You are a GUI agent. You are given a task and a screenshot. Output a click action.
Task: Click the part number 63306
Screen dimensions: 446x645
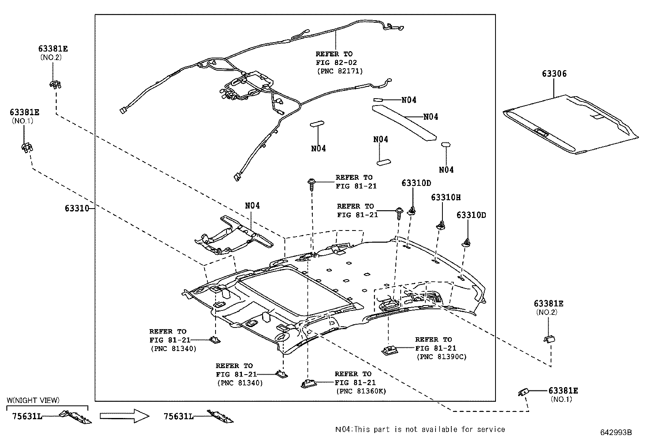554,74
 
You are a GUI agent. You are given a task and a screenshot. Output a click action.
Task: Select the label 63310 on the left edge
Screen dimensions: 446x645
76,209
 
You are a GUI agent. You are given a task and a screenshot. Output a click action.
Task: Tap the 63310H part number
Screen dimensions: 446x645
446,198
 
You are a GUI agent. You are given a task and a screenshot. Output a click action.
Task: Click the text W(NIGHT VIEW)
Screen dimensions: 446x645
33,401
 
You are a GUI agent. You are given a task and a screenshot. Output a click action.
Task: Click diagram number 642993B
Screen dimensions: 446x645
616,432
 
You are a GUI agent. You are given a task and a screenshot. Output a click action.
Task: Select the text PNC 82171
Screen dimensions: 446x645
340,71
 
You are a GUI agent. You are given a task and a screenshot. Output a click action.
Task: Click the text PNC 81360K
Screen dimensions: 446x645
361,391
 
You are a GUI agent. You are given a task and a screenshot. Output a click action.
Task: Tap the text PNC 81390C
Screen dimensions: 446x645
442,357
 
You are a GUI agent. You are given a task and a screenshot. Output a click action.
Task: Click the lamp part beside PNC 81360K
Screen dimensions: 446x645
310,384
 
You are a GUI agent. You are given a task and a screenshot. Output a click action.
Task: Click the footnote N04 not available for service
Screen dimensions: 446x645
420,429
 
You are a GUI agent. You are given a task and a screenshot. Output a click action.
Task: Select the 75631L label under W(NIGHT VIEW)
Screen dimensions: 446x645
27,416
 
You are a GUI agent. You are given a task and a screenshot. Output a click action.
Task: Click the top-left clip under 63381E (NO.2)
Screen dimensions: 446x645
54,84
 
